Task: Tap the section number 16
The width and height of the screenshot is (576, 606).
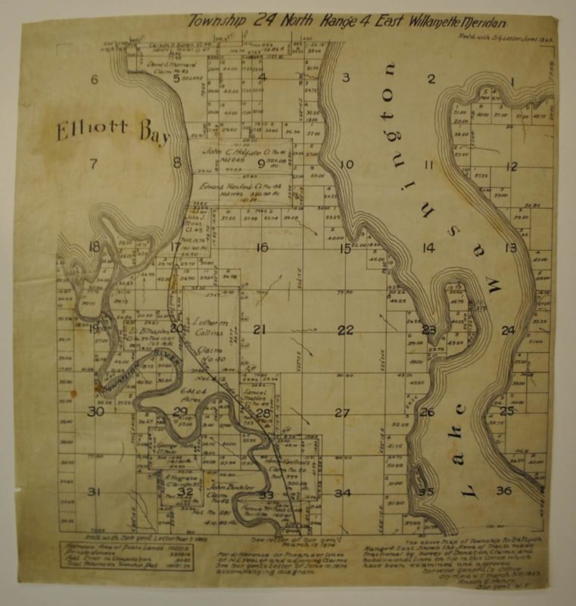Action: coord(262,247)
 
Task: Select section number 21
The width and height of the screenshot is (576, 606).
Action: coord(260,330)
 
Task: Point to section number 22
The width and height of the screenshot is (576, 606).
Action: coord(345,330)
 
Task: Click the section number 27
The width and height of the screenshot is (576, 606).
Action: coord(342,413)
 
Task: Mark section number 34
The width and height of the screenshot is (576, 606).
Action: coord(343,493)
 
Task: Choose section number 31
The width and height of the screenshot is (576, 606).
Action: coord(94,492)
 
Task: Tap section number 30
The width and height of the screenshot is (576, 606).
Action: coord(95,412)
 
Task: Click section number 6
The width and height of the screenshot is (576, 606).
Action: coord(95,80)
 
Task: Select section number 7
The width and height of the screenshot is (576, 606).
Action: coord(94,163)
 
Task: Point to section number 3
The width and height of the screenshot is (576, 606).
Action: coord(344,77)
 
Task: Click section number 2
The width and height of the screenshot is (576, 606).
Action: coord(431,79)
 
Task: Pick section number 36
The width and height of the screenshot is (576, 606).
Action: coord(503,490)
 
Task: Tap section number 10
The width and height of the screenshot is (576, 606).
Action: coord(347,164)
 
